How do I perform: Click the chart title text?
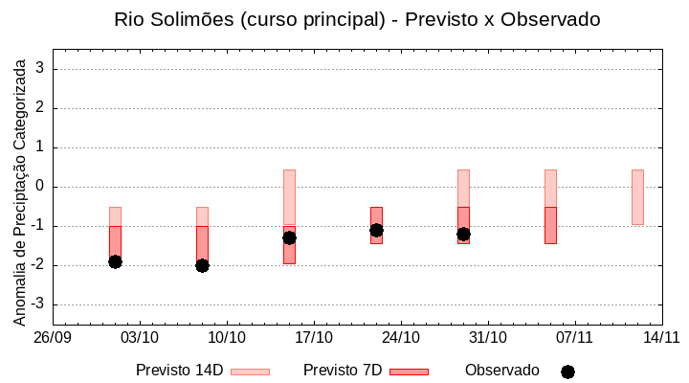357,19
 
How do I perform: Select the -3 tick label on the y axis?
38,304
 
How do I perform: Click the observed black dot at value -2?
202,265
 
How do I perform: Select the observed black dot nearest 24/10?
376,230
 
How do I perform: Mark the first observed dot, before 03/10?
115,261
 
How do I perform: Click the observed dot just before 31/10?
463,234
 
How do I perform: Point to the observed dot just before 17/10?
289,237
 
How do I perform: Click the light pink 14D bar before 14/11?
637,197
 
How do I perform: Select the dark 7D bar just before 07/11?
550,226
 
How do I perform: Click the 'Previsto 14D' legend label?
179,371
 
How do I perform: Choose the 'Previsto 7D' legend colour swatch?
409,371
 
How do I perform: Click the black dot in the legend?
567,372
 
